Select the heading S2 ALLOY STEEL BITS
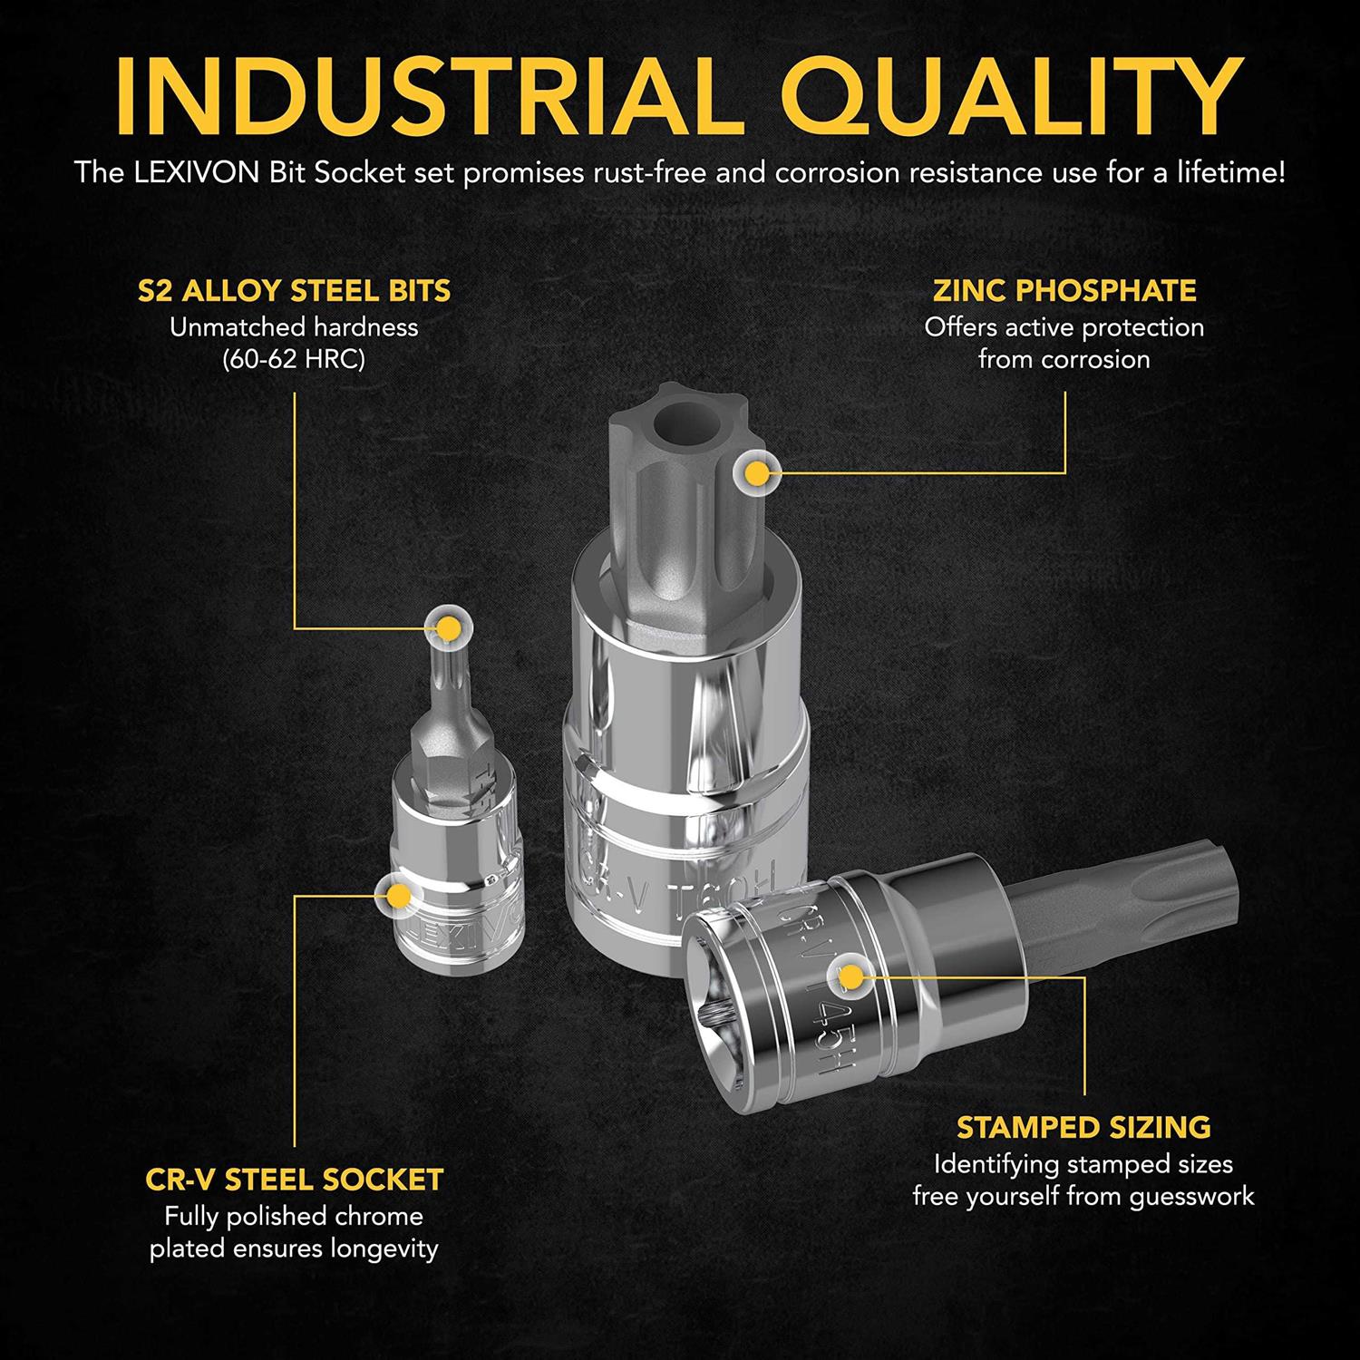[x=294, y=291]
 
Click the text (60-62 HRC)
[x=294, y=360]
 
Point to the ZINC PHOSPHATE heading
[x=1064, y=291]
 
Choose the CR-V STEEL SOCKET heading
[x=294, y=1180]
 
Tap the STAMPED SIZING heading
[x=1083, y=1127]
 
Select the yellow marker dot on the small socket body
[x=397, y=896]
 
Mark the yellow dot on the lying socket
[x=850, y=976]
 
